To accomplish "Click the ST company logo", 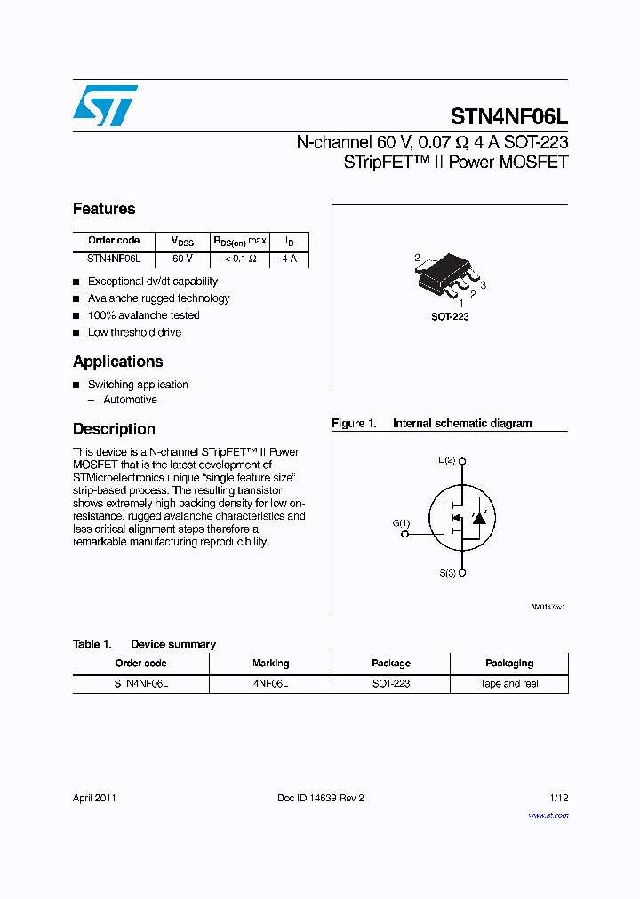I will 105,106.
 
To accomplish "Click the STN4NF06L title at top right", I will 508,116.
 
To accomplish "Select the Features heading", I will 104,210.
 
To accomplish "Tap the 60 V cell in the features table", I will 182,259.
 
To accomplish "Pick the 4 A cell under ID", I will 289,259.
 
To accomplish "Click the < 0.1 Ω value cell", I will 239,259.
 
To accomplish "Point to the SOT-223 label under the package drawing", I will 450,316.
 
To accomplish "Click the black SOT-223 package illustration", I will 445,276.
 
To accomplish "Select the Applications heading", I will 117,362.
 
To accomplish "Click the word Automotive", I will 130,400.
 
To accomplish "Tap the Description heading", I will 114,429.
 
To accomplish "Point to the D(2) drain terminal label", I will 446,460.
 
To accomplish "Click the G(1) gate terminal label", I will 401,523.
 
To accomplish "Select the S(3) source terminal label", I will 446,573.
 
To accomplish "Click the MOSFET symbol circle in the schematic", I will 460,517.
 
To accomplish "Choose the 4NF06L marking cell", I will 270,684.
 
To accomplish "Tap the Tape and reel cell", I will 509,684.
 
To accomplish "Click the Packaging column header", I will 509,664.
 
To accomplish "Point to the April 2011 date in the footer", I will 94,798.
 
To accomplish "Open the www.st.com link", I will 548,815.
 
